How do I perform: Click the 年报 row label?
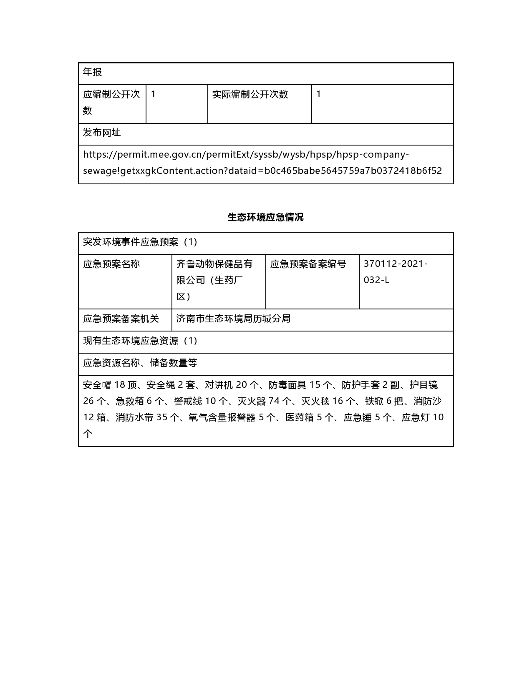click(x=93, y=73)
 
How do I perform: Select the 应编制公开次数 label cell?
click(x=111, y=102)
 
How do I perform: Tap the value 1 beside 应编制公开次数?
click(x=153, y=94)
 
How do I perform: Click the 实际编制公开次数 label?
click(x=250, y=94)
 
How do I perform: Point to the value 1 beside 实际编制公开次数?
click(x=319, y=94)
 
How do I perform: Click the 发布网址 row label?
click(x=102, y=133)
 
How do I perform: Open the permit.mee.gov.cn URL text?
click(x=262, y=163)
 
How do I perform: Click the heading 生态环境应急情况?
click(x=266, y=217)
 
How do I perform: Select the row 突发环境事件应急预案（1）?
click(x=140, y=242)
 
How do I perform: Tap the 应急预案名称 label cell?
click(x=111, y=264)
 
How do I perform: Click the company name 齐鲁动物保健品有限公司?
click(x=214, y=280)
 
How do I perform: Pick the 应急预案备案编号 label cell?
click(x=308, y=264)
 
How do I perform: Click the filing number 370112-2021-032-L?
click(x=395, y=272)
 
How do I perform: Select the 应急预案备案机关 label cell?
click(x=121, y=319)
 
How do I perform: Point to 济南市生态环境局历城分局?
click(x=233, y=319)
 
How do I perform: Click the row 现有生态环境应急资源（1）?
click(x=140, y=341)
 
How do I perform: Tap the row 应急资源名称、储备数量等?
click(x=140, y=363)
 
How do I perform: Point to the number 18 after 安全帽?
click(x=120, y=385)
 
